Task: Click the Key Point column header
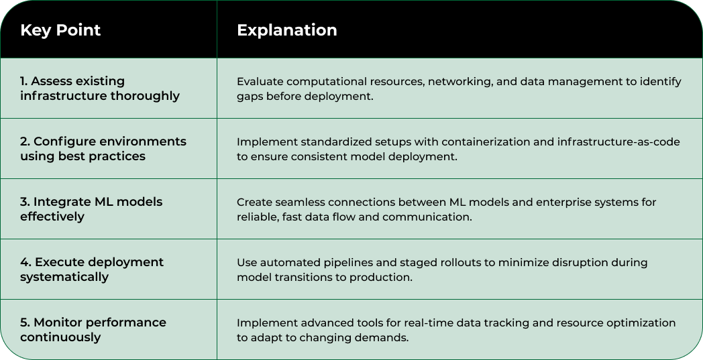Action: (60, 30)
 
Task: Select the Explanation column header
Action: (286, 30)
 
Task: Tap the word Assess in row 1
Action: (50, 81)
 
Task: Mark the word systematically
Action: (64, 277)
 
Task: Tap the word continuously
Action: (60, 337)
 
